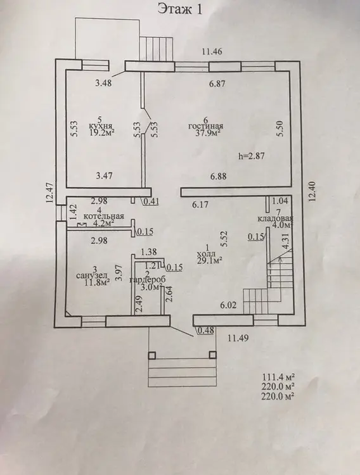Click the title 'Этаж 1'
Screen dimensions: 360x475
(x=180, y=9)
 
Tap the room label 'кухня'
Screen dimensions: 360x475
(x=101, y=126)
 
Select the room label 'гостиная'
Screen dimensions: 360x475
(x=206, y=126)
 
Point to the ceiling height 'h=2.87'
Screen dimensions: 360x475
(x=252, y=156)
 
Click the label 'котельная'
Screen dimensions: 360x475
(x=104, y=216)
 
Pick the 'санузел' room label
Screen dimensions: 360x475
(x=92, y=275)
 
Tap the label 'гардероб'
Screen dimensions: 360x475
(x=148, y=280)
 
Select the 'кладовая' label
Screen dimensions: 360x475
(x=275, y=218)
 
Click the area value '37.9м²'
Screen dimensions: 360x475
(x=208, y=133)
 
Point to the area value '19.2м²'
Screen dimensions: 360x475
(x=102, y=132)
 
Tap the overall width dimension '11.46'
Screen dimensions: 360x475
(x=212, y=51)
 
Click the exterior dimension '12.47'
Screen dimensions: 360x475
(x=50, y=193)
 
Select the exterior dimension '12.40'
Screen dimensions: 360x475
(x=313, y=191)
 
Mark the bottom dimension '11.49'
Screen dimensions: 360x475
(x=238, y=338)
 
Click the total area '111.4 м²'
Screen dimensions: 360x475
(x=278, y=377)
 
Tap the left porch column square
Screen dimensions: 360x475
(x=152, y=355)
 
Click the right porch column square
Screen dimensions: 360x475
(x=213, y=355)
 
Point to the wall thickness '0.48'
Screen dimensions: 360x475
(x=206, y=330)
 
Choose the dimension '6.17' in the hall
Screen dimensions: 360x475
(x=200, y=205)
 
